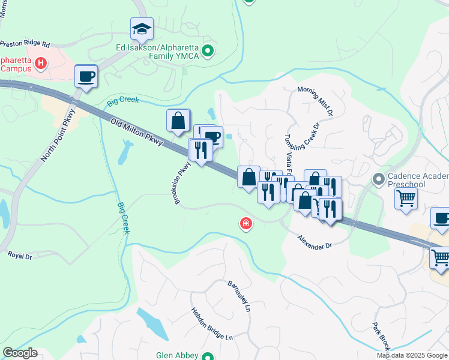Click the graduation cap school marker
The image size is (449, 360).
click(x=142, y=28)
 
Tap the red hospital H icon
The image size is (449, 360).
click(x=41, y=63)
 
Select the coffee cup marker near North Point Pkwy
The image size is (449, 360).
click(x=86, y=76)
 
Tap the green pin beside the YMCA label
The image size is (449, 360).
click(x=208, y=51)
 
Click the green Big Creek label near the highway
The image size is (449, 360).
click(x=123, y=101)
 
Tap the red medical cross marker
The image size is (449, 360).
click(x=246, y=224)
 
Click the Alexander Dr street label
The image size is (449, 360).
click(x=315, y=242)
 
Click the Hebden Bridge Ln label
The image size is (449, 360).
click(x=211, y=324)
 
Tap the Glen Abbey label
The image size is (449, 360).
click(x=177, y=355)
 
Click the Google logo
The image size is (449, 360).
click(x=20, y=353)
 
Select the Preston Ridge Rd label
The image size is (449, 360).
click(x=25, y=44)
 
